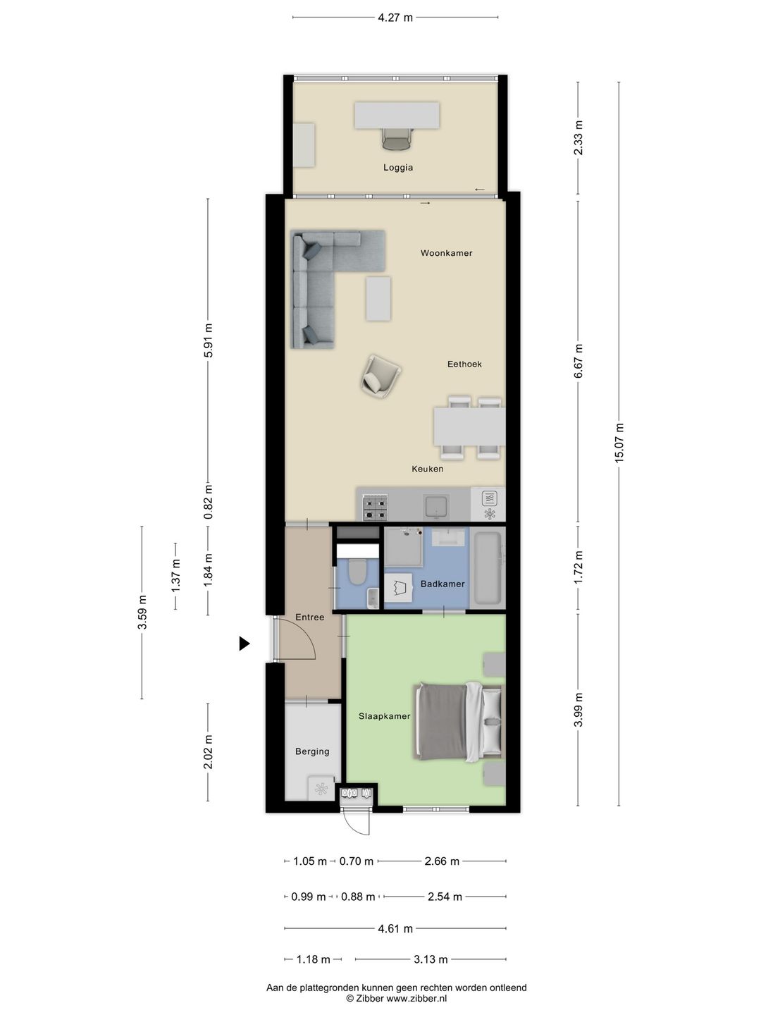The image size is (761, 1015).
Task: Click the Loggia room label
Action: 398,167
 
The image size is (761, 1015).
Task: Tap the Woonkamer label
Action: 446,253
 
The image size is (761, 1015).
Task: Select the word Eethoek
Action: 464,364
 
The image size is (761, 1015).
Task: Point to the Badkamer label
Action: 443,584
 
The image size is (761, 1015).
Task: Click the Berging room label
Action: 312,751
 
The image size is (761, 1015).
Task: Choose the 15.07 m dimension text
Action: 619,442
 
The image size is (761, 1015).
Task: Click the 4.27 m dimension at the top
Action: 395,18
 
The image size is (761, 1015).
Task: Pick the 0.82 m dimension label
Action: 208,502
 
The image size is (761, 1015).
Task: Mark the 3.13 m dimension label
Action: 430,959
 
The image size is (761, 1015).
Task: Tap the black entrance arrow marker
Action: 244,644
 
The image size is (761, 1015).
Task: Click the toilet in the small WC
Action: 357,572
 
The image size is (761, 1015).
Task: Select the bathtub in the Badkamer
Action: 488,569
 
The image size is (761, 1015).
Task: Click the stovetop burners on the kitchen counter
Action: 375,508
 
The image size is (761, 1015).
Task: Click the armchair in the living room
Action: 380,376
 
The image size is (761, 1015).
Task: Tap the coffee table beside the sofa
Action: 378,299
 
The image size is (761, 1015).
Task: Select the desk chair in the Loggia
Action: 396,138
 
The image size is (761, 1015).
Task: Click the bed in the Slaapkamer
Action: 458,722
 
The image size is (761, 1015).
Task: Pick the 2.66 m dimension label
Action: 442,861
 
